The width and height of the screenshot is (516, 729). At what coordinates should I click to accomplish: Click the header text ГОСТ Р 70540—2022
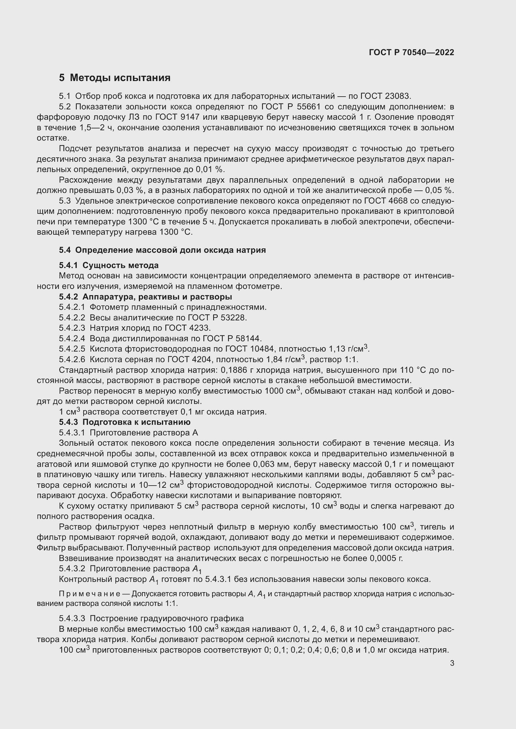[411, 52]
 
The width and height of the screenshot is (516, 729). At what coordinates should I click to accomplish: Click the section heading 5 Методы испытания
[115, 78]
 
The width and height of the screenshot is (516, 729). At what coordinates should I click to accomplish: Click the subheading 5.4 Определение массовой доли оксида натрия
[162, 250]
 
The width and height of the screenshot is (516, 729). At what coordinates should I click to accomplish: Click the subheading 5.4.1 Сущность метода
[109, 265]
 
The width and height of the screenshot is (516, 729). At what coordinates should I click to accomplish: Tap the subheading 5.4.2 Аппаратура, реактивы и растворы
[145, 297]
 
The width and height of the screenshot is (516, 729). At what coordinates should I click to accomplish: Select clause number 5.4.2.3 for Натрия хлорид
[72, 328]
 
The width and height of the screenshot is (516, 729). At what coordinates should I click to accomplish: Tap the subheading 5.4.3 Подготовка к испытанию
[124, 422]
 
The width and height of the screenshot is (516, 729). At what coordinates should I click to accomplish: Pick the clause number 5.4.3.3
[72, 618]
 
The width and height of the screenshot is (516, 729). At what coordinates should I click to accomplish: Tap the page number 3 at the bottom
[452, 663]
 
